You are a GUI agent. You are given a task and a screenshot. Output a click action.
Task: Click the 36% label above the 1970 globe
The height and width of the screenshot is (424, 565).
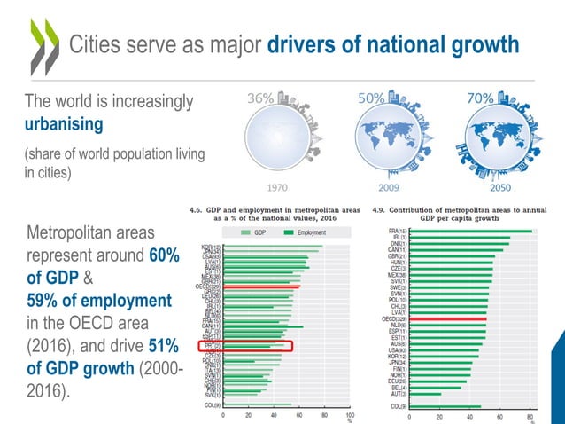tap(259, 99)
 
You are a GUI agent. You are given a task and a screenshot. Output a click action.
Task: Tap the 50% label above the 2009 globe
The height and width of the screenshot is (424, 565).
tap(370, 99)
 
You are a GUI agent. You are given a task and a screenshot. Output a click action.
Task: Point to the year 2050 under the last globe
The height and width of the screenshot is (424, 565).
tap(502, 188)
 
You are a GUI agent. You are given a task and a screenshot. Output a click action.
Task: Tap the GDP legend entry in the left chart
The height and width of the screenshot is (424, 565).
tap(258, 233)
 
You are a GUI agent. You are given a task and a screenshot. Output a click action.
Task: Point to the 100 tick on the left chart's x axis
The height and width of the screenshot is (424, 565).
tap(350, 415)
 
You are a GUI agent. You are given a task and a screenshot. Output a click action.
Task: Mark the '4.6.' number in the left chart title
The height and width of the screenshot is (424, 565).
tap(197, 210)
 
